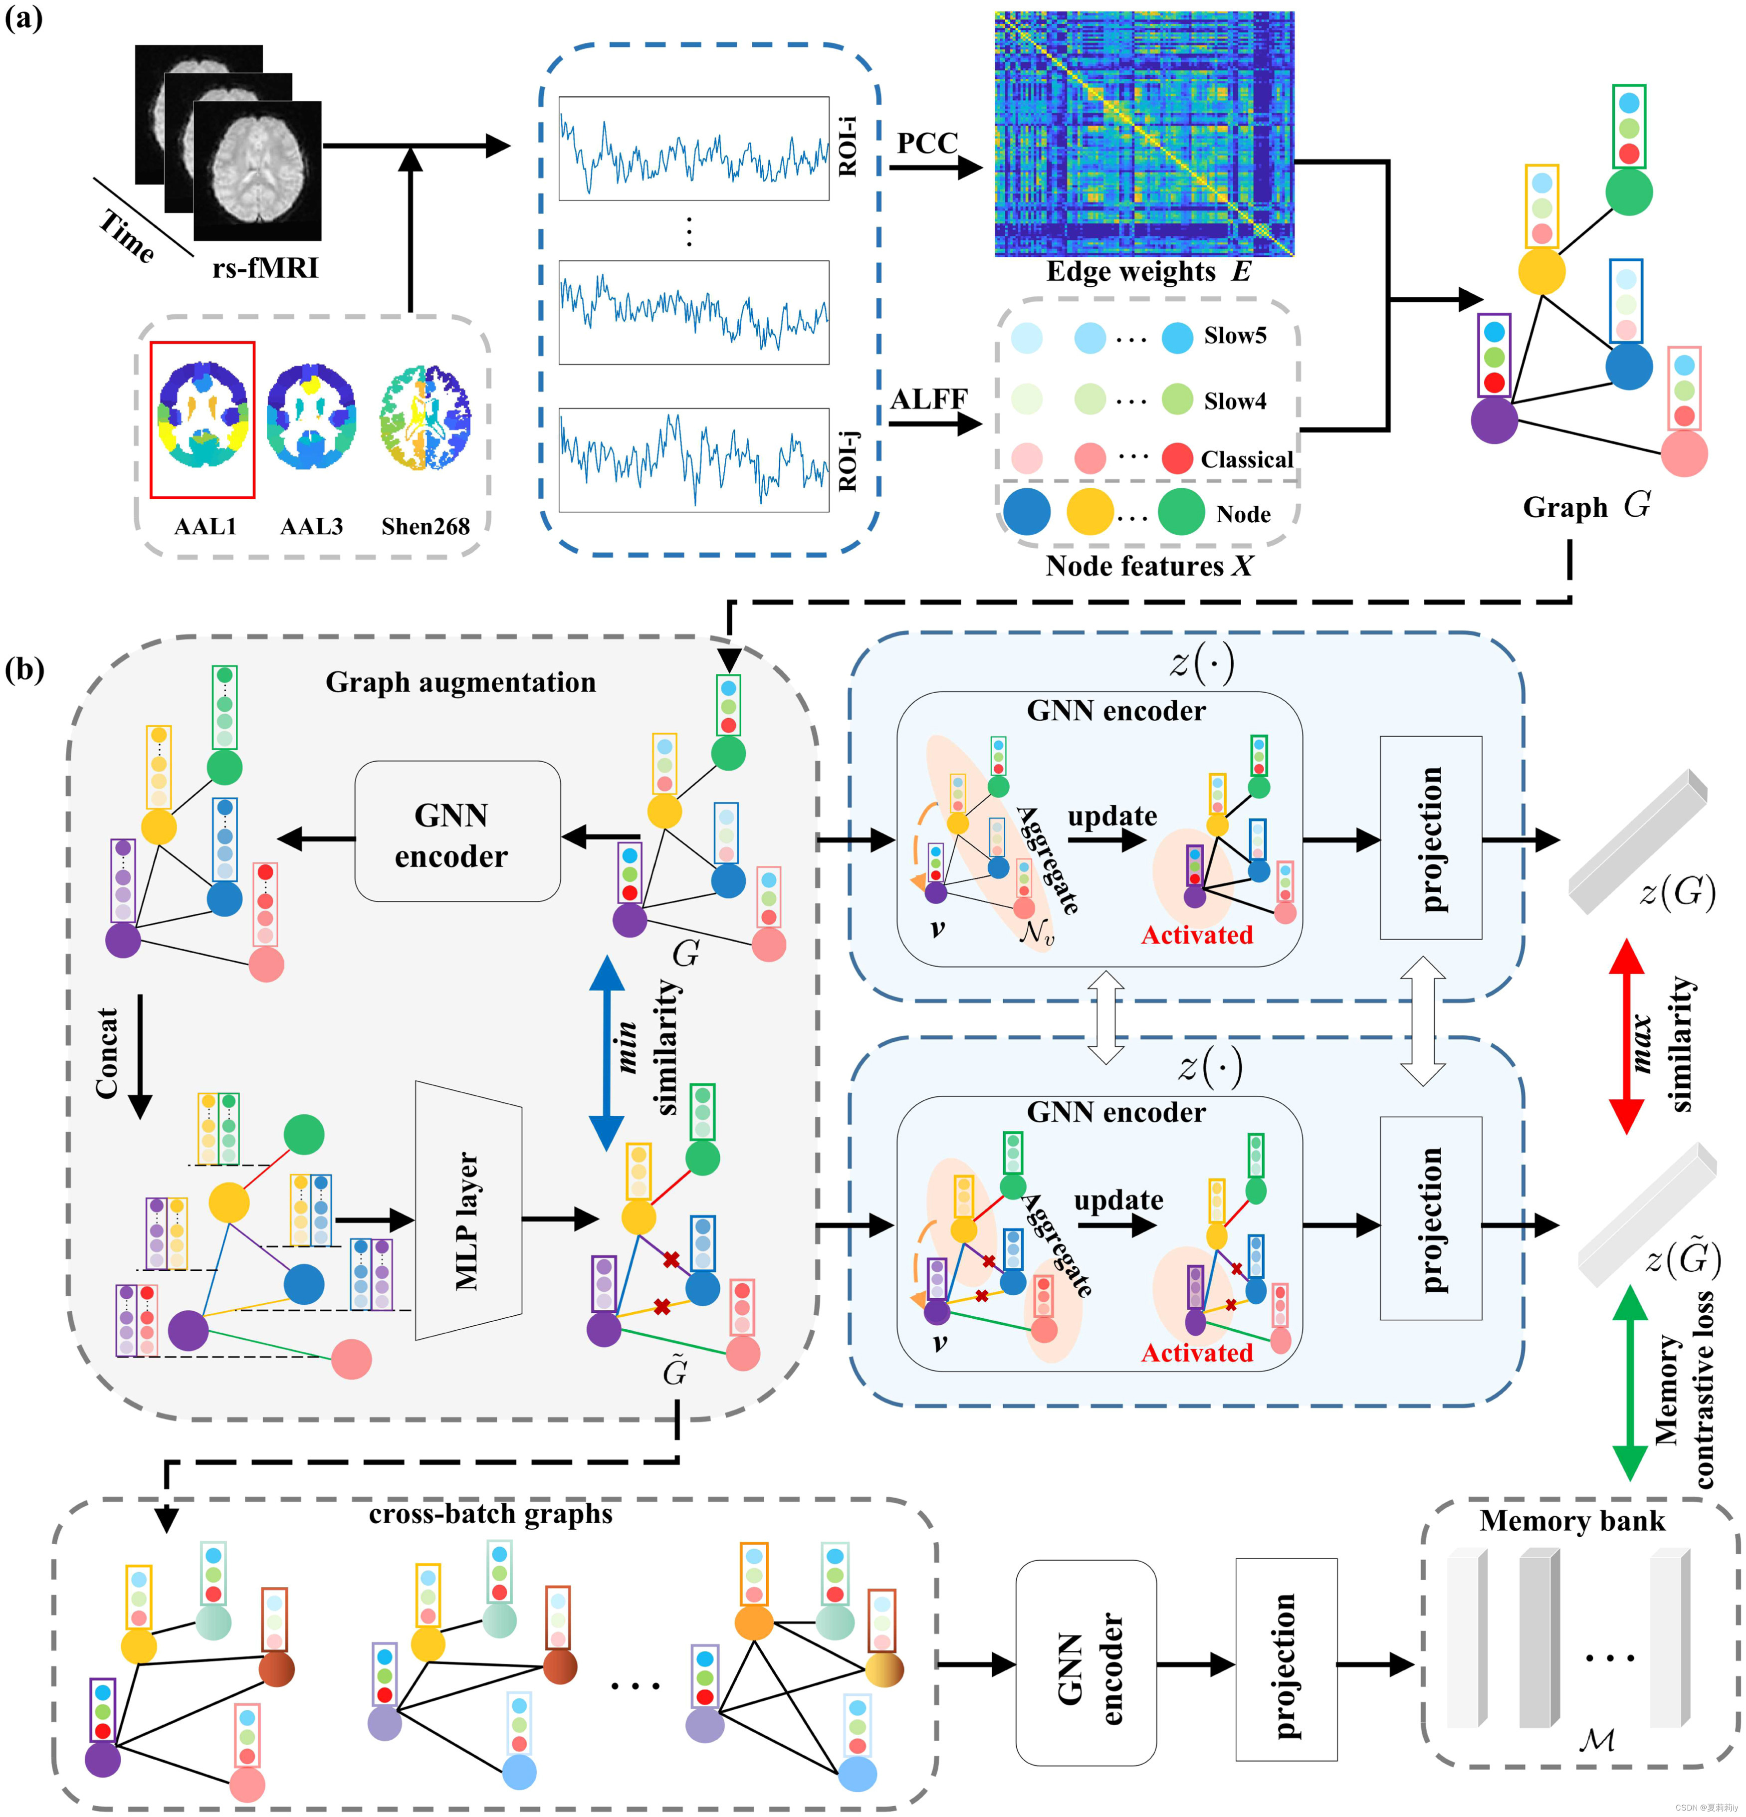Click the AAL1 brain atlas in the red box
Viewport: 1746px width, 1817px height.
point(202,419)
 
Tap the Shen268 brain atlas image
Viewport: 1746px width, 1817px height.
point(425,417)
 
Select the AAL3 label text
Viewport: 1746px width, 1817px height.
point(312,527)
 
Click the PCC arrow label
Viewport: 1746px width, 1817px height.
point(926,144)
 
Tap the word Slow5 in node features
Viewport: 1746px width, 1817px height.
point(1234,336)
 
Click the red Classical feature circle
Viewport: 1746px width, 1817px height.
point(1177,458)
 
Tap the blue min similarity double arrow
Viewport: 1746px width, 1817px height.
point(607,1052)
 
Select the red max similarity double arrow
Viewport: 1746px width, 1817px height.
point(1625,1035)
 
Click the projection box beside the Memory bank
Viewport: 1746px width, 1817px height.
point(1285,1658)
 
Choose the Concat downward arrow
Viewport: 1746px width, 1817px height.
point(140,1057)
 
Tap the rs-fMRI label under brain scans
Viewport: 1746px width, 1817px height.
point(264,268)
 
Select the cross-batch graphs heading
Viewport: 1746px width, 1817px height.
point(490,1514)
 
